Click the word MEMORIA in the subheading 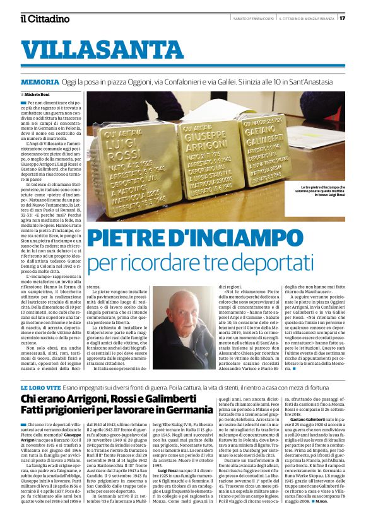[x=57, y=83]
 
